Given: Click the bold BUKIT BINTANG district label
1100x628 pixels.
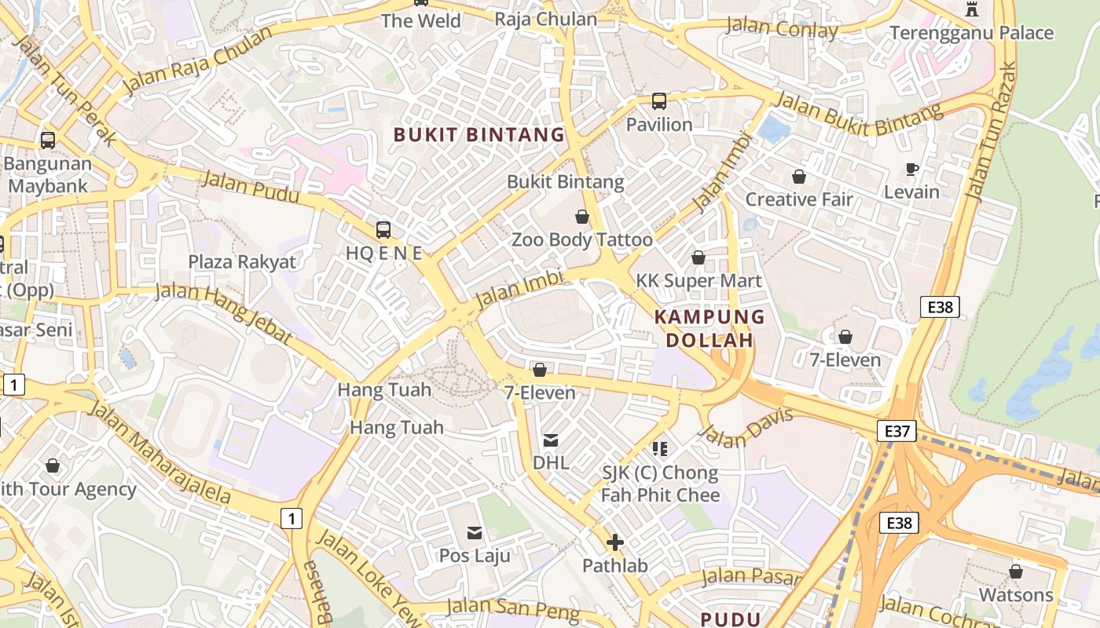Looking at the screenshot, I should point(478,135).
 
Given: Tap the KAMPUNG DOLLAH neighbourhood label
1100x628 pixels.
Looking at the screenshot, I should point(709,328).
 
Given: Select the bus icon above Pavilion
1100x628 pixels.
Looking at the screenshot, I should point(658,101).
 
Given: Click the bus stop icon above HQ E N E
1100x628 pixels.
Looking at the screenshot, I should point(383,230).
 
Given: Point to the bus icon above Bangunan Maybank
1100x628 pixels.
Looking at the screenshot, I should point(48,141).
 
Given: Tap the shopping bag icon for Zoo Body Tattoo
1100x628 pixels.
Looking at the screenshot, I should point(582,217).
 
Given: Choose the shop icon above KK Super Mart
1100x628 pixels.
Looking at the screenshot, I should point(698,257).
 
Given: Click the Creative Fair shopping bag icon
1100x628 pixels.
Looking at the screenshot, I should point(799,177).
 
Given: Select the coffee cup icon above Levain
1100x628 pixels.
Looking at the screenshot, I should point(911,169).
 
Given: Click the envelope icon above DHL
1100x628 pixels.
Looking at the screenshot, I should point(551,440).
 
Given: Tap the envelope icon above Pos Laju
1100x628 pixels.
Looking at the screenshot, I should point(475,533).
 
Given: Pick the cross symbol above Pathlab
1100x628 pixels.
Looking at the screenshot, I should point(615,542).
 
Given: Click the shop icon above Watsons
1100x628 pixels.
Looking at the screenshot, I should point(1015,571).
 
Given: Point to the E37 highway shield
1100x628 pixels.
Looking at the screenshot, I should point(896,431).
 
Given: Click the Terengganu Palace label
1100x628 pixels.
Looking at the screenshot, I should point(971,33).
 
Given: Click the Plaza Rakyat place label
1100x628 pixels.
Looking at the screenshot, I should point(242,261).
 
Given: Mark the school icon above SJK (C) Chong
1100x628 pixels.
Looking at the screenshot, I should point(660,449).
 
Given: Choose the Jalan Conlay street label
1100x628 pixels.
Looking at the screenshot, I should point(782,28).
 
